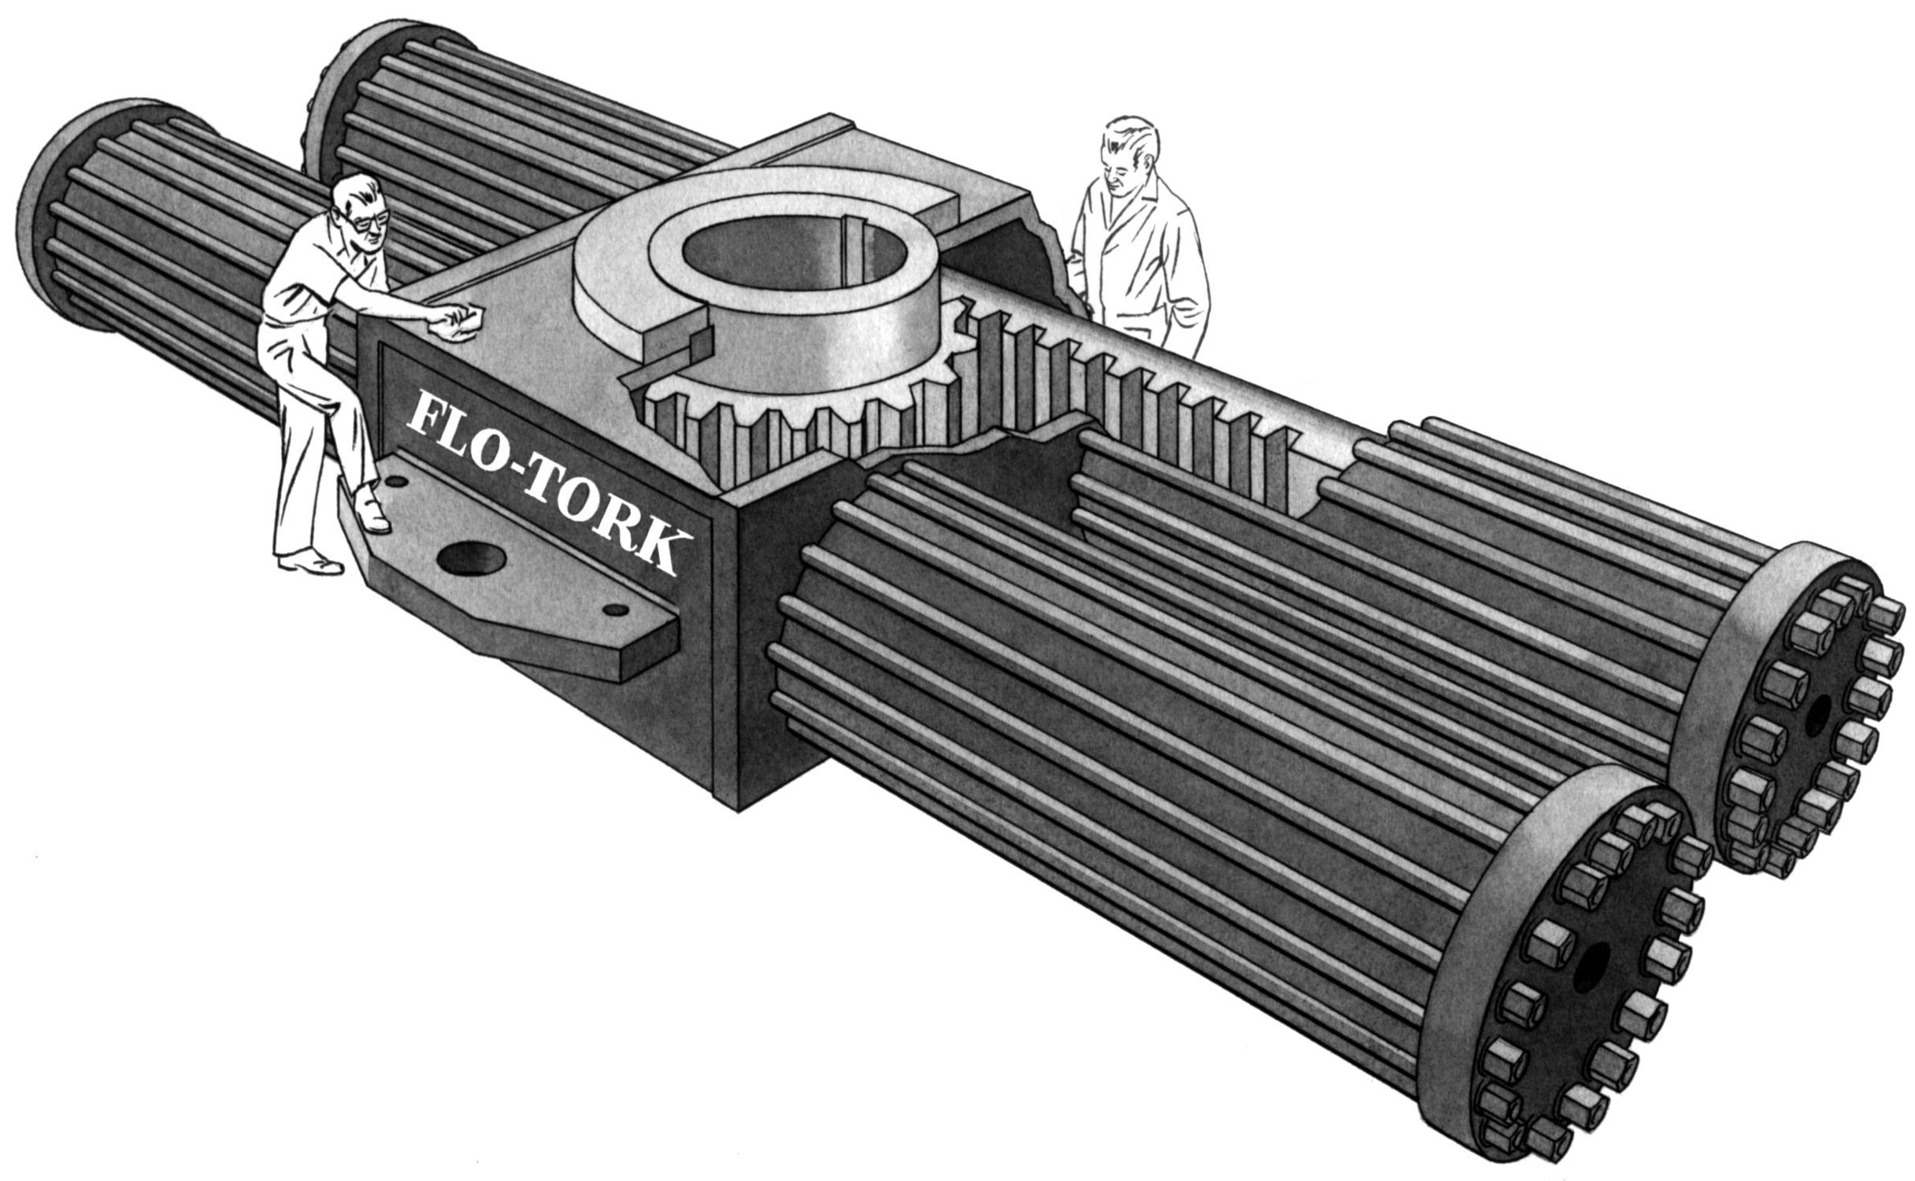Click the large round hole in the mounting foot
pyautogui.click(x=470, y=558)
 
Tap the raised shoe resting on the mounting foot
pyautogui.click(x=371, y=511)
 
